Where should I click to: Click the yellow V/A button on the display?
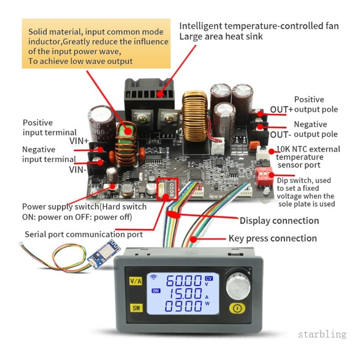(x=136, y=281)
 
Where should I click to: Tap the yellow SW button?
(x=136, y=308)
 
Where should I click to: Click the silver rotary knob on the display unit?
(x=238, y=286)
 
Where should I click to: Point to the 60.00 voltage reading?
(x=184, y=281)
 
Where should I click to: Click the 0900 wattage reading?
(x=183, y=306)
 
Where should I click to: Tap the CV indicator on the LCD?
(x=209, y=279)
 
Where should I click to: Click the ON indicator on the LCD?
(x=156, y=291)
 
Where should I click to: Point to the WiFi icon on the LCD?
(x=153, y=277)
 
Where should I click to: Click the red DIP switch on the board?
(x=264, y=176)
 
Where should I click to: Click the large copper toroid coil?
(x=195, y=116)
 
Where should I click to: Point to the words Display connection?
(x=279, y=220)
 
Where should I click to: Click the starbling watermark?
(x=322, y=334)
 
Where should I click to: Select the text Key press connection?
(x=273, y=238)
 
